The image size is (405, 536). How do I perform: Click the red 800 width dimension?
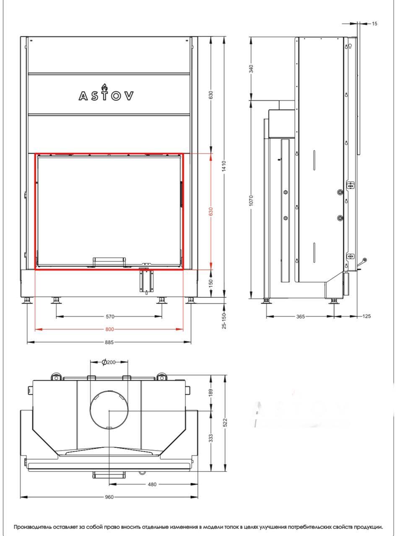(109, 329)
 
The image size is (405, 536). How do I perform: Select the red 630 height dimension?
(211, 211)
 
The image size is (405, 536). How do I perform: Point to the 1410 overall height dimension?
(224, 166)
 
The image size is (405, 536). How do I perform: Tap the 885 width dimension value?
(109, 343)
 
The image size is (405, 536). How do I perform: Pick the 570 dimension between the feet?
(110, 317)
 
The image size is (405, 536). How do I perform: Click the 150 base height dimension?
(211, 283)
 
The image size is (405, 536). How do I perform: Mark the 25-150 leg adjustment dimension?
(224, 321)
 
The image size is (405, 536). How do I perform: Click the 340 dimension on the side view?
(251, 69)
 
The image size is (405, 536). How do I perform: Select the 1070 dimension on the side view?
(251, 200)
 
